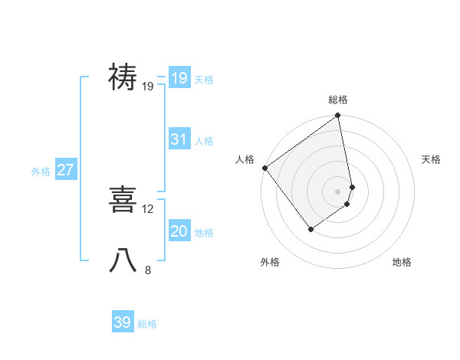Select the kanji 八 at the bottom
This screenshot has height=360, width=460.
[x=123, y=260]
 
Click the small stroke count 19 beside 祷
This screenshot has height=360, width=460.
[x=148, y=87]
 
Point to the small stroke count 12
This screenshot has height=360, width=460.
[x=148, y=208]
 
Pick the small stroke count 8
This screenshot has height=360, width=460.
[x=148, y=270]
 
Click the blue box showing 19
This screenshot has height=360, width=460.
[x=179, y=77]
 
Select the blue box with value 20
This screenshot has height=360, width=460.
[x=179, y=231]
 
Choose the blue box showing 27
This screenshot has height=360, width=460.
[x=65, y=170]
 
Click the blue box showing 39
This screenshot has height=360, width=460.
[x=122, y=322]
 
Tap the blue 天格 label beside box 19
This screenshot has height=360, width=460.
[x=204, y=80]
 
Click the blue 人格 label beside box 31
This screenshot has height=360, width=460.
[x=204, y=141]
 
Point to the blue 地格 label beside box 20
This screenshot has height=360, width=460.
[x=204, y=233]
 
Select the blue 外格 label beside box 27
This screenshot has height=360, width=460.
[x=41, y=172]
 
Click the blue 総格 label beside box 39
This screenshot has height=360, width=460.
[x=147, y=325]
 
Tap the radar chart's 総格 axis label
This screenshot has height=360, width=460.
[x=338, y=100]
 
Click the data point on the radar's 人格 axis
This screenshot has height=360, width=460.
[x=264, y=168]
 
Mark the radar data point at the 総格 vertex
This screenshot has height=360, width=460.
[x=338, y=116]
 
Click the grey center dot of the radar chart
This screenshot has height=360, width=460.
[x=338, y=191]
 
